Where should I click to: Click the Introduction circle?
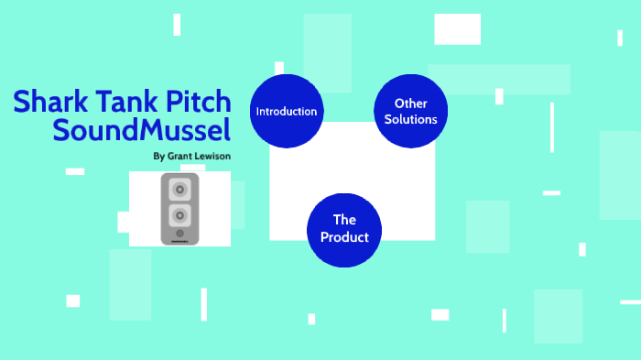(x=287, y=112)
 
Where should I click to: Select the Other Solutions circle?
(x=410, y=112)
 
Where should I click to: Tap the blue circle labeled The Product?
(x=344, y=229)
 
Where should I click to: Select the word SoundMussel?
(x=142, y=130)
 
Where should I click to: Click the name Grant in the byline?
(x=182, y=156)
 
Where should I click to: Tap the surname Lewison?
(x=213, y=156)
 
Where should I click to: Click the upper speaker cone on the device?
(x=180, y=190)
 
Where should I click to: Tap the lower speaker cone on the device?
(x=180, y=216)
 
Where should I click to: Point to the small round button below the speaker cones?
(x=180, y=234)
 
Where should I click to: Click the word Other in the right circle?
(x=410, y=104)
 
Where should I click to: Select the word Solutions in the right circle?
(x=410, y=120)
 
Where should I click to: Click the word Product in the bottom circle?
(x=344, y=237)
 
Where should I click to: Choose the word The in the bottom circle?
(x=344, y=220)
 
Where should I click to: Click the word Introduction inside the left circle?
(x=287, y=112)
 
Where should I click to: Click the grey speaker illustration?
(x=180, y=209)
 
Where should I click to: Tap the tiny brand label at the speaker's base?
(x=180, y=242)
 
